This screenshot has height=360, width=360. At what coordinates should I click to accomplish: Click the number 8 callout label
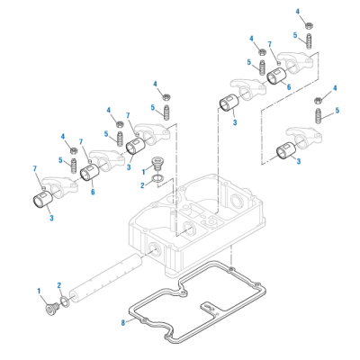click(x=124, y=320)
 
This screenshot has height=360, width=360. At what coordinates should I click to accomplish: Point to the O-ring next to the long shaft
click(x=64, y=301)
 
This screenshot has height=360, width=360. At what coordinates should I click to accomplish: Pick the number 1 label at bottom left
click(x=40, y=290)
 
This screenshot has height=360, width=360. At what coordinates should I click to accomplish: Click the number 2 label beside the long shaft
click(x=59, y=284)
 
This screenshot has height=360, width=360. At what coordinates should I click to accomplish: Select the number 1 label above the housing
click(x=141, y=170)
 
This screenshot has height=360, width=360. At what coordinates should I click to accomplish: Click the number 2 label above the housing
click(x=141, y=185)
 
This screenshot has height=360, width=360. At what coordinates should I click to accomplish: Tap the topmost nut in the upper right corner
click(x=308, y=24)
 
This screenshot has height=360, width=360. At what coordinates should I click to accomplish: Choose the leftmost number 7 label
click(x=34, y=168)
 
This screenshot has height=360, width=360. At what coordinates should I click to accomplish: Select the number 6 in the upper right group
click(x=289, y=86)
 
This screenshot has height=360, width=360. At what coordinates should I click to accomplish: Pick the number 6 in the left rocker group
click(x=91, y=191)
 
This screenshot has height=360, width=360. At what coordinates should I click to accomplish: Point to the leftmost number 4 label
click(x=64, y=137)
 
